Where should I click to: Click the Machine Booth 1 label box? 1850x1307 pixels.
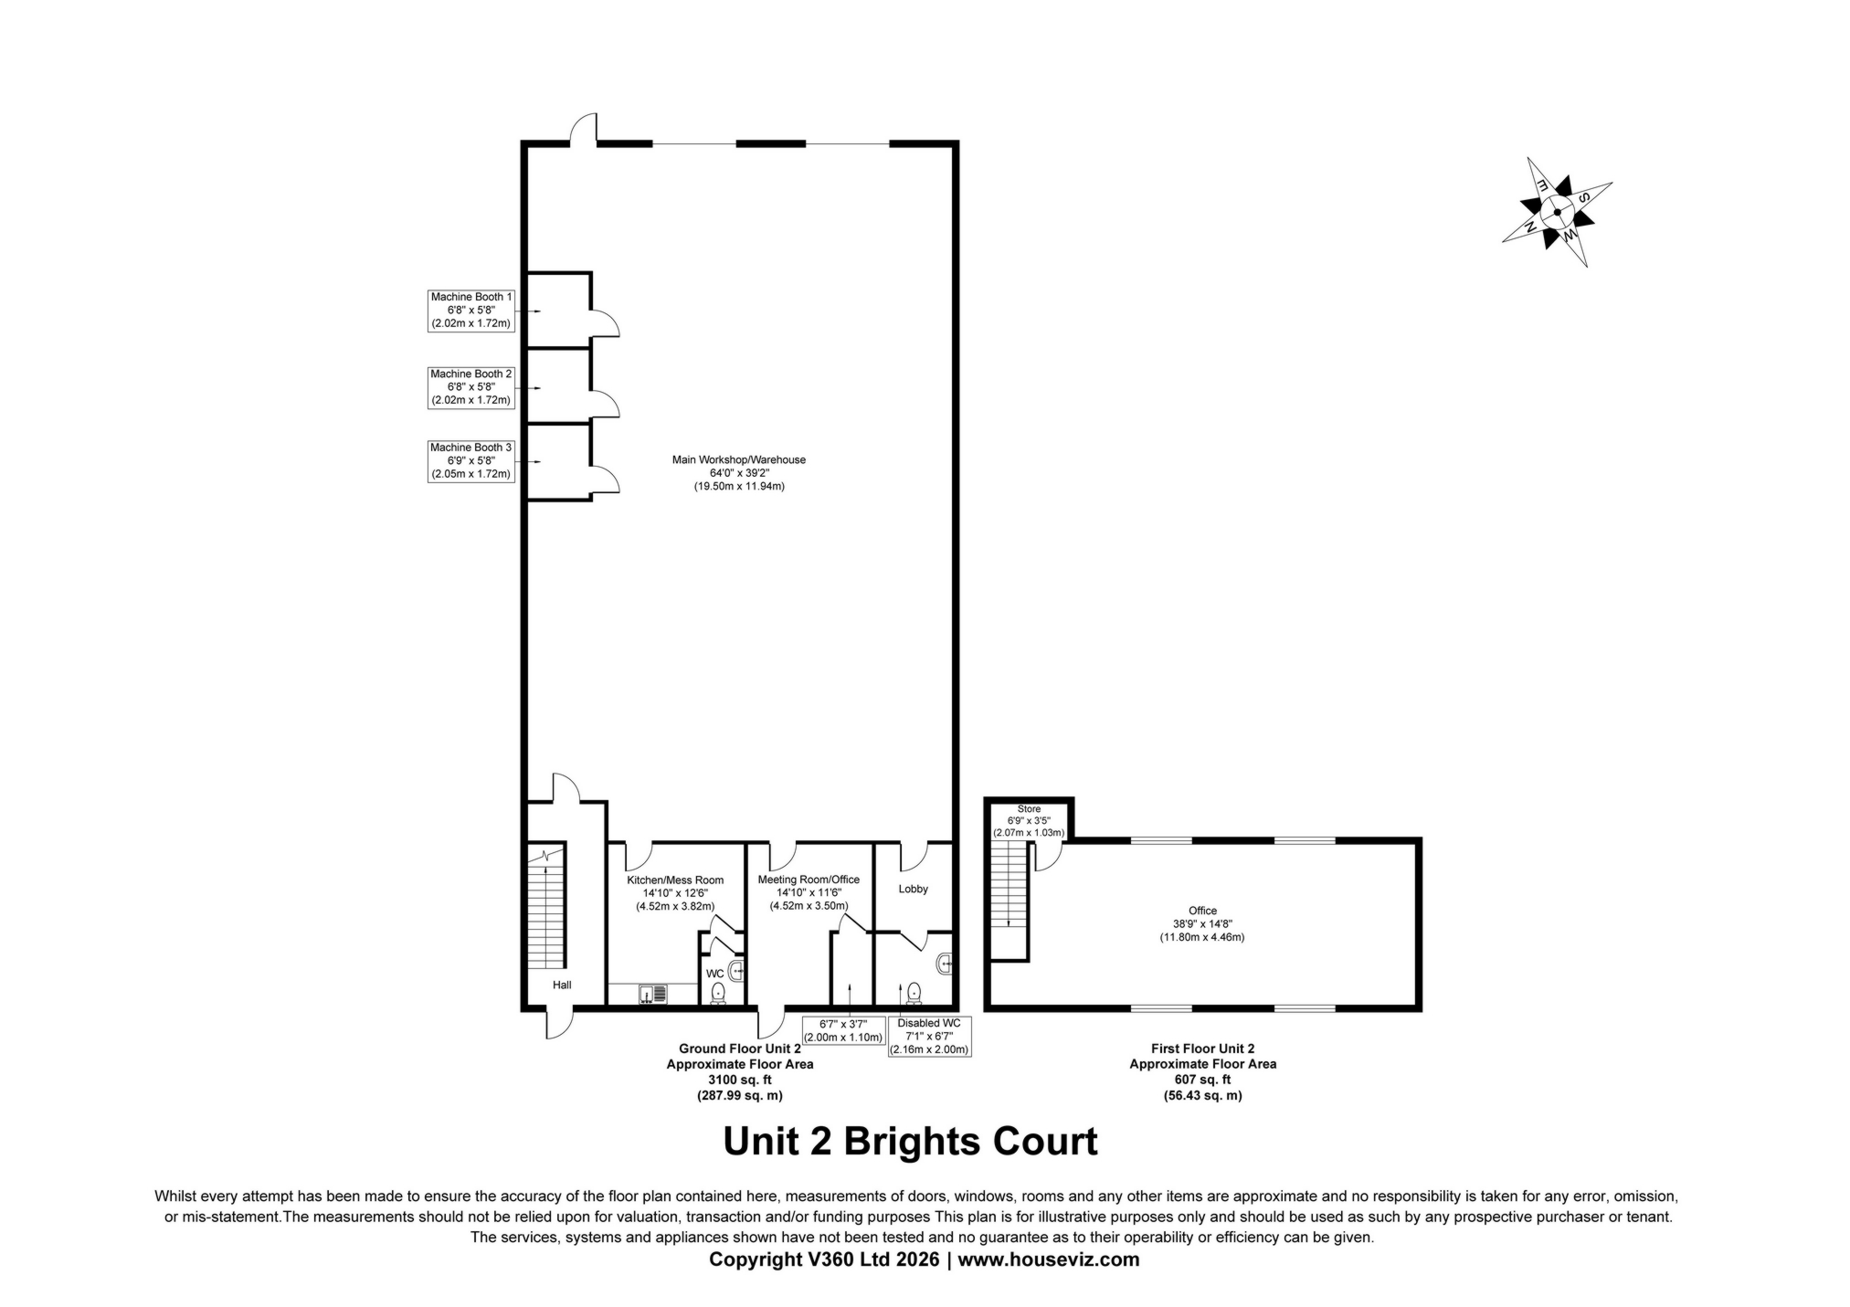tap(471, 310)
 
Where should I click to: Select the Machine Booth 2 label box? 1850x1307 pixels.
tap(471, 386)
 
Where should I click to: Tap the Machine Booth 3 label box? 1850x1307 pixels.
tap(471, 460)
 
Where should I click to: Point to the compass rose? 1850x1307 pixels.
tap(1556, 211)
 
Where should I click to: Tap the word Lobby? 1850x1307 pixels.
tap(913, 889)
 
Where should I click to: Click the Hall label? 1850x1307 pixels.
tap(562, 985)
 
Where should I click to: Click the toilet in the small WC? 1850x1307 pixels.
tap(718, 993)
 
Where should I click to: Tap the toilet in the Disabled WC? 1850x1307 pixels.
tap(914, 992)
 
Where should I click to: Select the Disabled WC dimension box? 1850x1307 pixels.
tap(929, 1037)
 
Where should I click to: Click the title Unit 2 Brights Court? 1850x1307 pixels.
tap(909, 1142)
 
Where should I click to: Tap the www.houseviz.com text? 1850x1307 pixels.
tap(1048, 1260)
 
